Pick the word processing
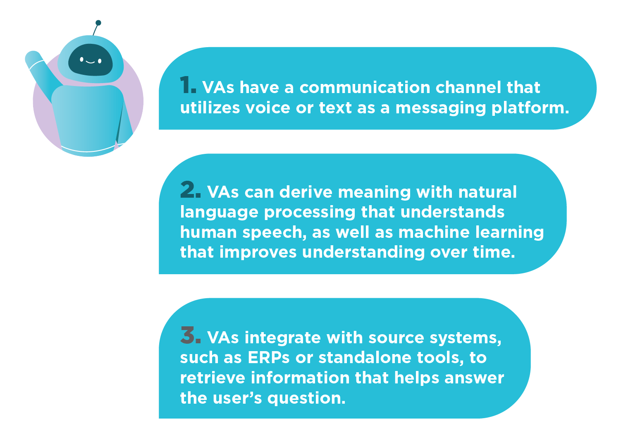(x=309, y=213)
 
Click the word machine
(x=434, y=232)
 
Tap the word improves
(x=258, y=252)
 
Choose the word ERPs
(x=269, y=358)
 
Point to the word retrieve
(x=213, y=378)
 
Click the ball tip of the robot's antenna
(x=98, y=23)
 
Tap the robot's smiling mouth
(x=91, y=62)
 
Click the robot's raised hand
(x=33, y=57)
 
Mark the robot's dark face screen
(x=91, y=60)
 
